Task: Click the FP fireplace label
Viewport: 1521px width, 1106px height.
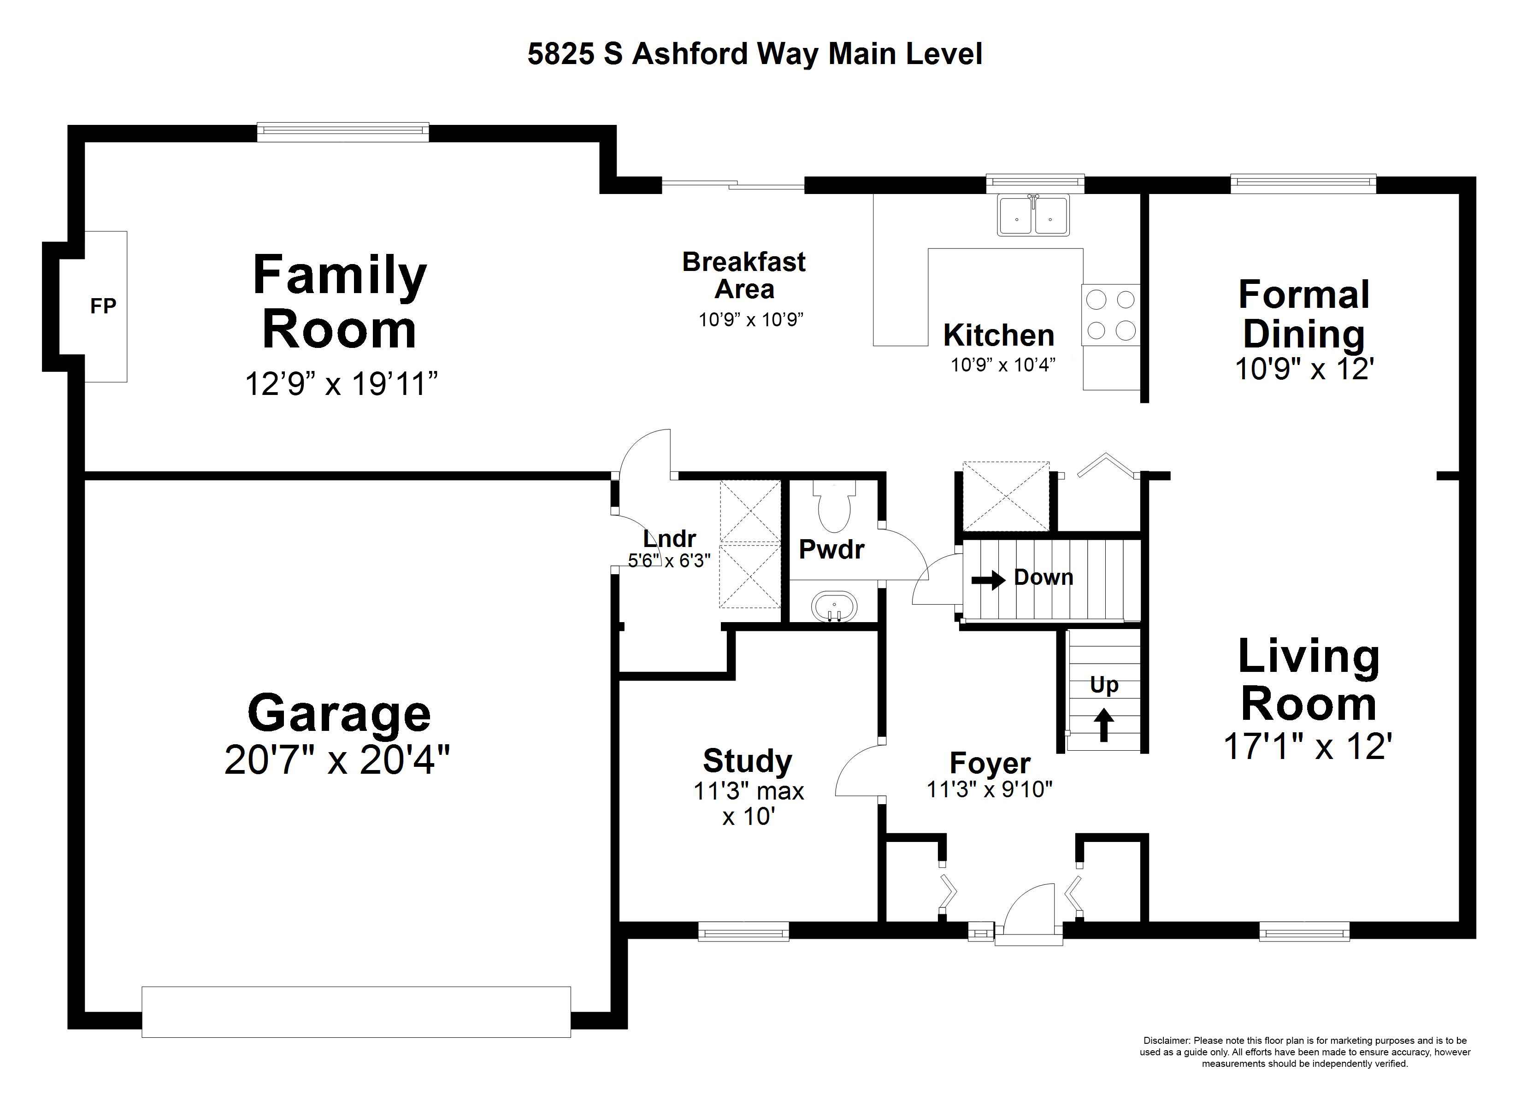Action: [x=103, y=306]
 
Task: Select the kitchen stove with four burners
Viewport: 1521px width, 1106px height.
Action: [x=1111, y=315]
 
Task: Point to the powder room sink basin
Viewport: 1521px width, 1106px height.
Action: [x=834, y=607]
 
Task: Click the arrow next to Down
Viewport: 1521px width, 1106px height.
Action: [x=989, y=579]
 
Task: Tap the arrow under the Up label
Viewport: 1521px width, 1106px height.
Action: [x=1103, y=725]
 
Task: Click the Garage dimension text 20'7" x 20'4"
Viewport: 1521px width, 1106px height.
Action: [x=337, y=760]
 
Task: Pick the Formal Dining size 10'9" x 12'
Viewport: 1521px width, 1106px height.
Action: [x=1305, y=368]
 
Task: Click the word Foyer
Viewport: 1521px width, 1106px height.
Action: [x=990, y=763]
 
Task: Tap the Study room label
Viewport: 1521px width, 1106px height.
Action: [x=748, y=760]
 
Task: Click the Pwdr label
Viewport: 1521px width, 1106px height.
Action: [x=831, y=549]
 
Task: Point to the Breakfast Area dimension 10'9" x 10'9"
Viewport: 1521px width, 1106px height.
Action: [x=751, y=320]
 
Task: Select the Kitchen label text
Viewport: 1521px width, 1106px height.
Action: [x=999, y=335]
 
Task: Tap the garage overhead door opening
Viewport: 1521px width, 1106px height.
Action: [x=356, y=1012]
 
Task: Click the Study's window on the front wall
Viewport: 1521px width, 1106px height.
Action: [x=744, y=932]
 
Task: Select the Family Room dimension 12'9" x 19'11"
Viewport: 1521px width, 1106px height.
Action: [x=342, y=384]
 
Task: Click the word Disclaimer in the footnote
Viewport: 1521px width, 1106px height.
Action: [x=1166, y=1041]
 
